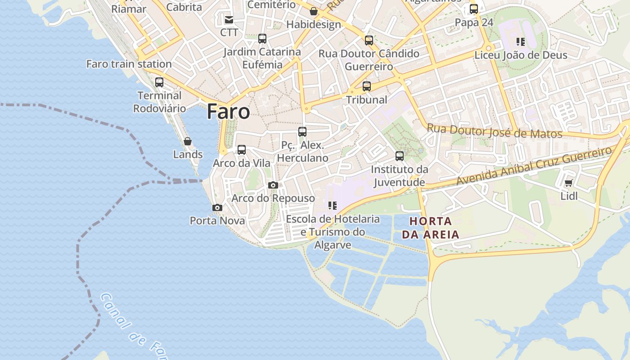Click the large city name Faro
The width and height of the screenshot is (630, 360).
coord(228,112)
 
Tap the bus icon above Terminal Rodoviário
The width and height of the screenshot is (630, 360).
coord(159,82)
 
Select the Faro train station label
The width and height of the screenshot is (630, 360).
coord(129,64)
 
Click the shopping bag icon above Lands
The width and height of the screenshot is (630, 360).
coord(188,141)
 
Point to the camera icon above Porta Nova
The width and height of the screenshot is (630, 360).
coord(217,207)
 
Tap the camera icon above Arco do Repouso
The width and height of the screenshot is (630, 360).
coord(273,185)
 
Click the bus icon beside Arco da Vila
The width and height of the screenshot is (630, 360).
coord(242,150)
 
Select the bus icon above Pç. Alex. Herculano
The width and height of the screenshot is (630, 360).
coord(302,132)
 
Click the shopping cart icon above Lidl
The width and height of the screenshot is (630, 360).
coord(568,183)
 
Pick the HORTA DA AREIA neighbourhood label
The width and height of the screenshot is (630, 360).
coord(431,228)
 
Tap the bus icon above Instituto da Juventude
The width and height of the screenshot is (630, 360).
coord(400,156)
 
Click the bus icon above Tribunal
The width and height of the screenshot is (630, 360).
coord(367,86)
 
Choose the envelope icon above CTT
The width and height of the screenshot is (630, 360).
coord(229,19)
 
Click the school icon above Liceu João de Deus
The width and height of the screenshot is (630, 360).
coord(521,42)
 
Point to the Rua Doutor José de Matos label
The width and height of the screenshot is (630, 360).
coord(494,131)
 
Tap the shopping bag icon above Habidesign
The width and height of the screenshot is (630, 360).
coord(314,11)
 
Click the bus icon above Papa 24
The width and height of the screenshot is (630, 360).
coord(474,9)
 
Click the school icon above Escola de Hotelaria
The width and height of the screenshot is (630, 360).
coord(333,206)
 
